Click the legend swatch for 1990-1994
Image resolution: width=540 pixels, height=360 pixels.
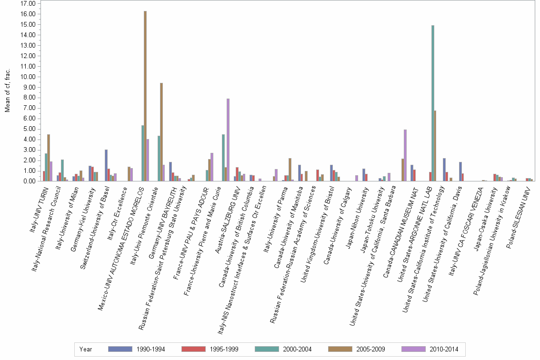click(x=120, y=349)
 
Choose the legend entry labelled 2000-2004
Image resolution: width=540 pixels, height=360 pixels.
click(x=297, y=349)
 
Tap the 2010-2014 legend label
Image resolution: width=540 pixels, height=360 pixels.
click(x=443, y=349)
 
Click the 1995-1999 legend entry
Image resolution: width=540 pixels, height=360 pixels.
click(x=224, y=349)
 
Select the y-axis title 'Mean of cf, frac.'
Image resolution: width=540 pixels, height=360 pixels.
click(x=7, y=90)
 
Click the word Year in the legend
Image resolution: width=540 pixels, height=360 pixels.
click(x=86, y=349)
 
